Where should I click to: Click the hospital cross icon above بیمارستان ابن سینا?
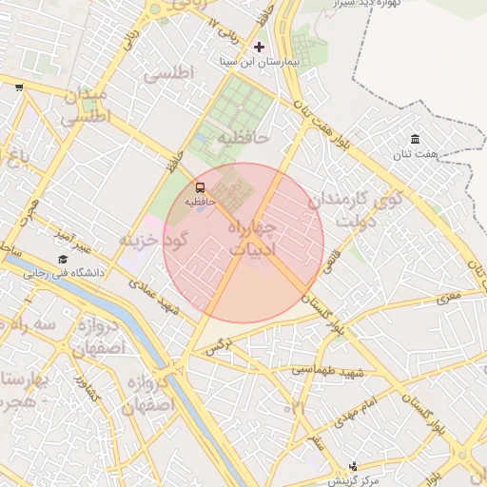(x=259, y=47)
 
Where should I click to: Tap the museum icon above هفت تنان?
(x=416, y=140)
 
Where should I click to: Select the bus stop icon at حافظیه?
(x=200, y=187)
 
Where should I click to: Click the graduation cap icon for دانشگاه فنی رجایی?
(x=63, y=259)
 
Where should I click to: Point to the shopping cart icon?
(x=19, y=88)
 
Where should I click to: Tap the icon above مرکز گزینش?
(x=354, y=466)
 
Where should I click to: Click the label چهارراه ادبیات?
(x=252, y=240)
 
